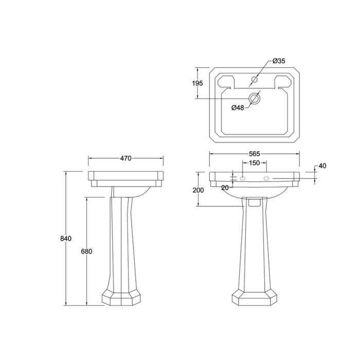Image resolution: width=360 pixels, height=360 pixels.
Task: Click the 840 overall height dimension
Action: click(x=66, y=239)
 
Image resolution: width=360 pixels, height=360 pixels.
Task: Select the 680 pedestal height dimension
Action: click(x=86, y=251)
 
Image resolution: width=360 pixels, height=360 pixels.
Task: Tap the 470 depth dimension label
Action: click(x=126, y=158)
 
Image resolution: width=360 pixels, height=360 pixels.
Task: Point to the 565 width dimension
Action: click(x=254, y=154)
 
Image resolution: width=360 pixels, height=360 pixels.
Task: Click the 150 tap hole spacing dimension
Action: click(x=254, y=163)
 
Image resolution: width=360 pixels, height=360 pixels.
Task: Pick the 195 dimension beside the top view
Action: click(x=197, y=83)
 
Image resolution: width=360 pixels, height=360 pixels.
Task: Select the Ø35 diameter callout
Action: click(x=279, y=61)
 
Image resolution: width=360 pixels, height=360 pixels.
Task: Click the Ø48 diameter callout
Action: click(x=238, y=107)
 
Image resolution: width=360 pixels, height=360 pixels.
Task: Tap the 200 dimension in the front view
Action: click(x=198, y=190)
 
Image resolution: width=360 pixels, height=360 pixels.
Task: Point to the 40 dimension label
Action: click(x=322, y=166)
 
